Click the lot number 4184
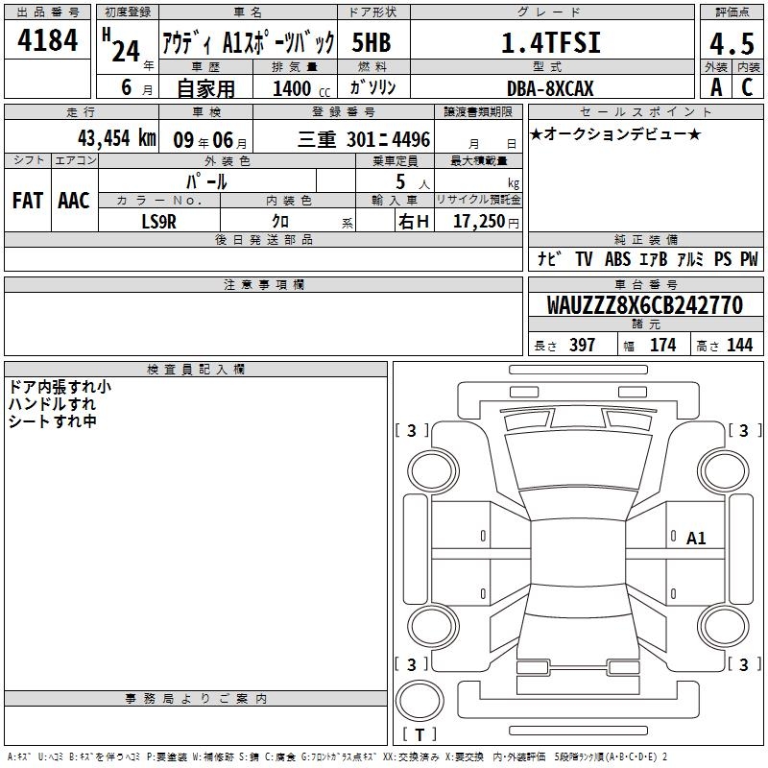click(47, 40)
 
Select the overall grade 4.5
click(732, 44)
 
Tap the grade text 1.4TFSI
click(551, 42)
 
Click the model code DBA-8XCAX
click(550, 88)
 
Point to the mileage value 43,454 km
click(117, 138)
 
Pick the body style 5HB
click(372, 42)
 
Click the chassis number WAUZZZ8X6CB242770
click(645, 305)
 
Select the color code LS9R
click(158, 222)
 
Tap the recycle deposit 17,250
click(479, 222)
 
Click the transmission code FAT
click(28, 201)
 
